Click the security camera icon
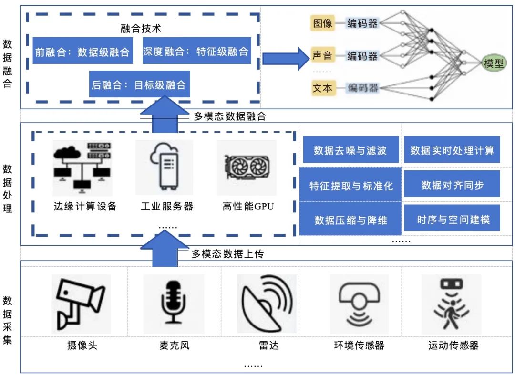point(81,304)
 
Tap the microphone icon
point(173,304)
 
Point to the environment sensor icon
point(360,304)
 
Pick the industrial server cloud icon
point(164,167)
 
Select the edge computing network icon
point(83,167)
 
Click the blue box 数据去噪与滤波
point(350,151)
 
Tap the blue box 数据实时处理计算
point(452,151)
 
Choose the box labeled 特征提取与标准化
point(350,186)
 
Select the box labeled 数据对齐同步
point(452,185)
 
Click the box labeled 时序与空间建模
point(452,220)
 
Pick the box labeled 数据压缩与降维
point(350,220)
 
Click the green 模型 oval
point(494,63)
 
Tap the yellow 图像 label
point(323,23)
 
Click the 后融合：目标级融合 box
point(139,85)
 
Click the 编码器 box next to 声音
point(362,56)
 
